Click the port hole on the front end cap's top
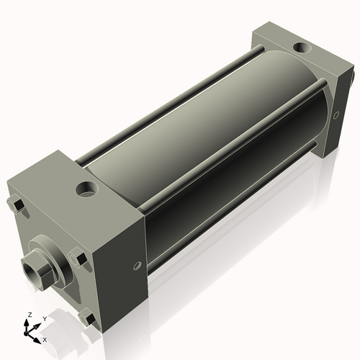point(88,191)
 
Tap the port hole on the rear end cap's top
point(300,48)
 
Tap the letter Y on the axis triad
point(45,318)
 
